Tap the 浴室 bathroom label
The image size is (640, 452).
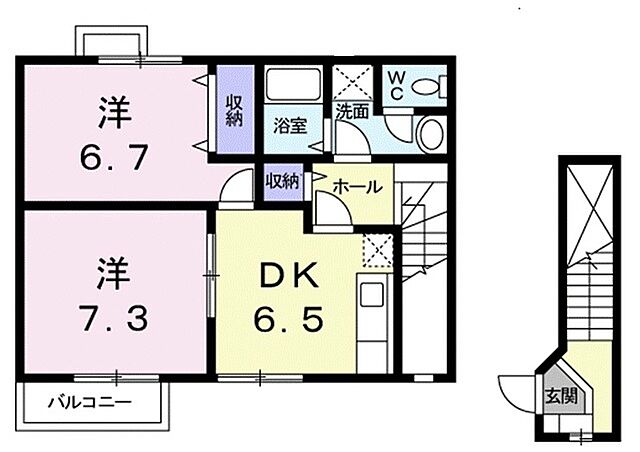290,126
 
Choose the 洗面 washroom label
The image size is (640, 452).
352,112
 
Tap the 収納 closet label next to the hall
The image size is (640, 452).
282,181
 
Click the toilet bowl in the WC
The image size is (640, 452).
431,86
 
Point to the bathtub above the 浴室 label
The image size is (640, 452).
291,87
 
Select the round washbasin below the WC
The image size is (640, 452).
432,132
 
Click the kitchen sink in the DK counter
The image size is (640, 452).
370,297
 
